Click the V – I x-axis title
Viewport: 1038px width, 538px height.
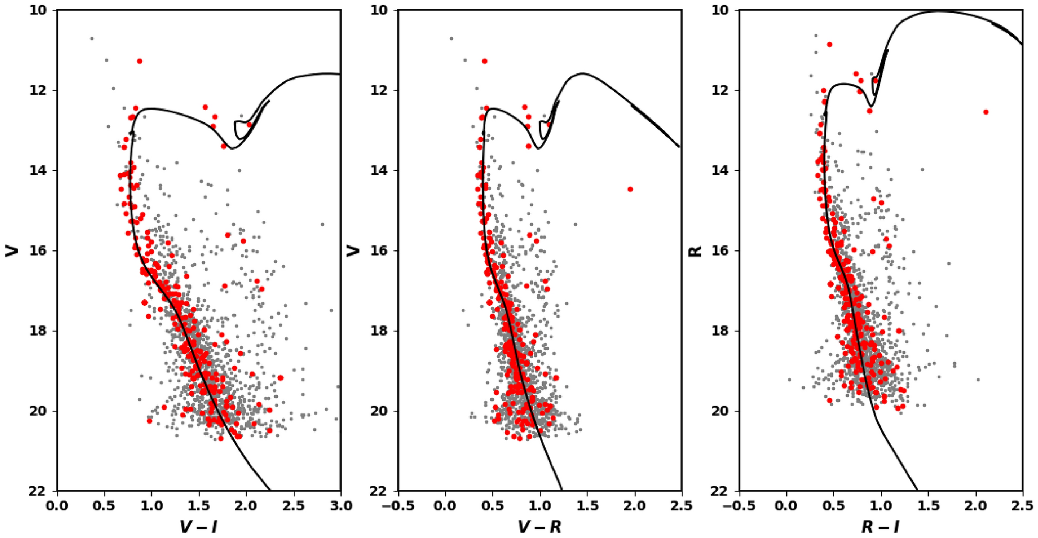[x=198, y=527]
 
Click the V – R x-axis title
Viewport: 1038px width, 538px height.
[x=539, y=527]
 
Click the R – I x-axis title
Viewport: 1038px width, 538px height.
[x=880, y=527]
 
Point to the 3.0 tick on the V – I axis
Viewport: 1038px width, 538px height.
[x=340, y=505]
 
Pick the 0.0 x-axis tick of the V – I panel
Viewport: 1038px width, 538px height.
[x=57, y=505]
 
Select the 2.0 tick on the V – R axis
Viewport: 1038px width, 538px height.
[x=635, y=505]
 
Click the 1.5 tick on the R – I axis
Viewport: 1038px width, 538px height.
[x=928, y=505]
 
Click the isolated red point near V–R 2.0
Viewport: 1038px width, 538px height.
[x=630, y=189]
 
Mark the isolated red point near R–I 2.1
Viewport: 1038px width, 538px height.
[x=986, y=112]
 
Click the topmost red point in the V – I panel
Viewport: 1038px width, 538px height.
[x=139, y=61]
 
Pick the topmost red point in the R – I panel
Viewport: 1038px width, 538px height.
[x=830, y=44]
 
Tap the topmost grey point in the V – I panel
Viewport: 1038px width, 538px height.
[x=92, y=38]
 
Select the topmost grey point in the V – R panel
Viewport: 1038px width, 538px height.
[x=451, y=38]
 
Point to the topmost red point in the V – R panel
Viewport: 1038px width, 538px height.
[x=485, y=61]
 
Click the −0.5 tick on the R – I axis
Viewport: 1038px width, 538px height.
[x=739, y=505]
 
